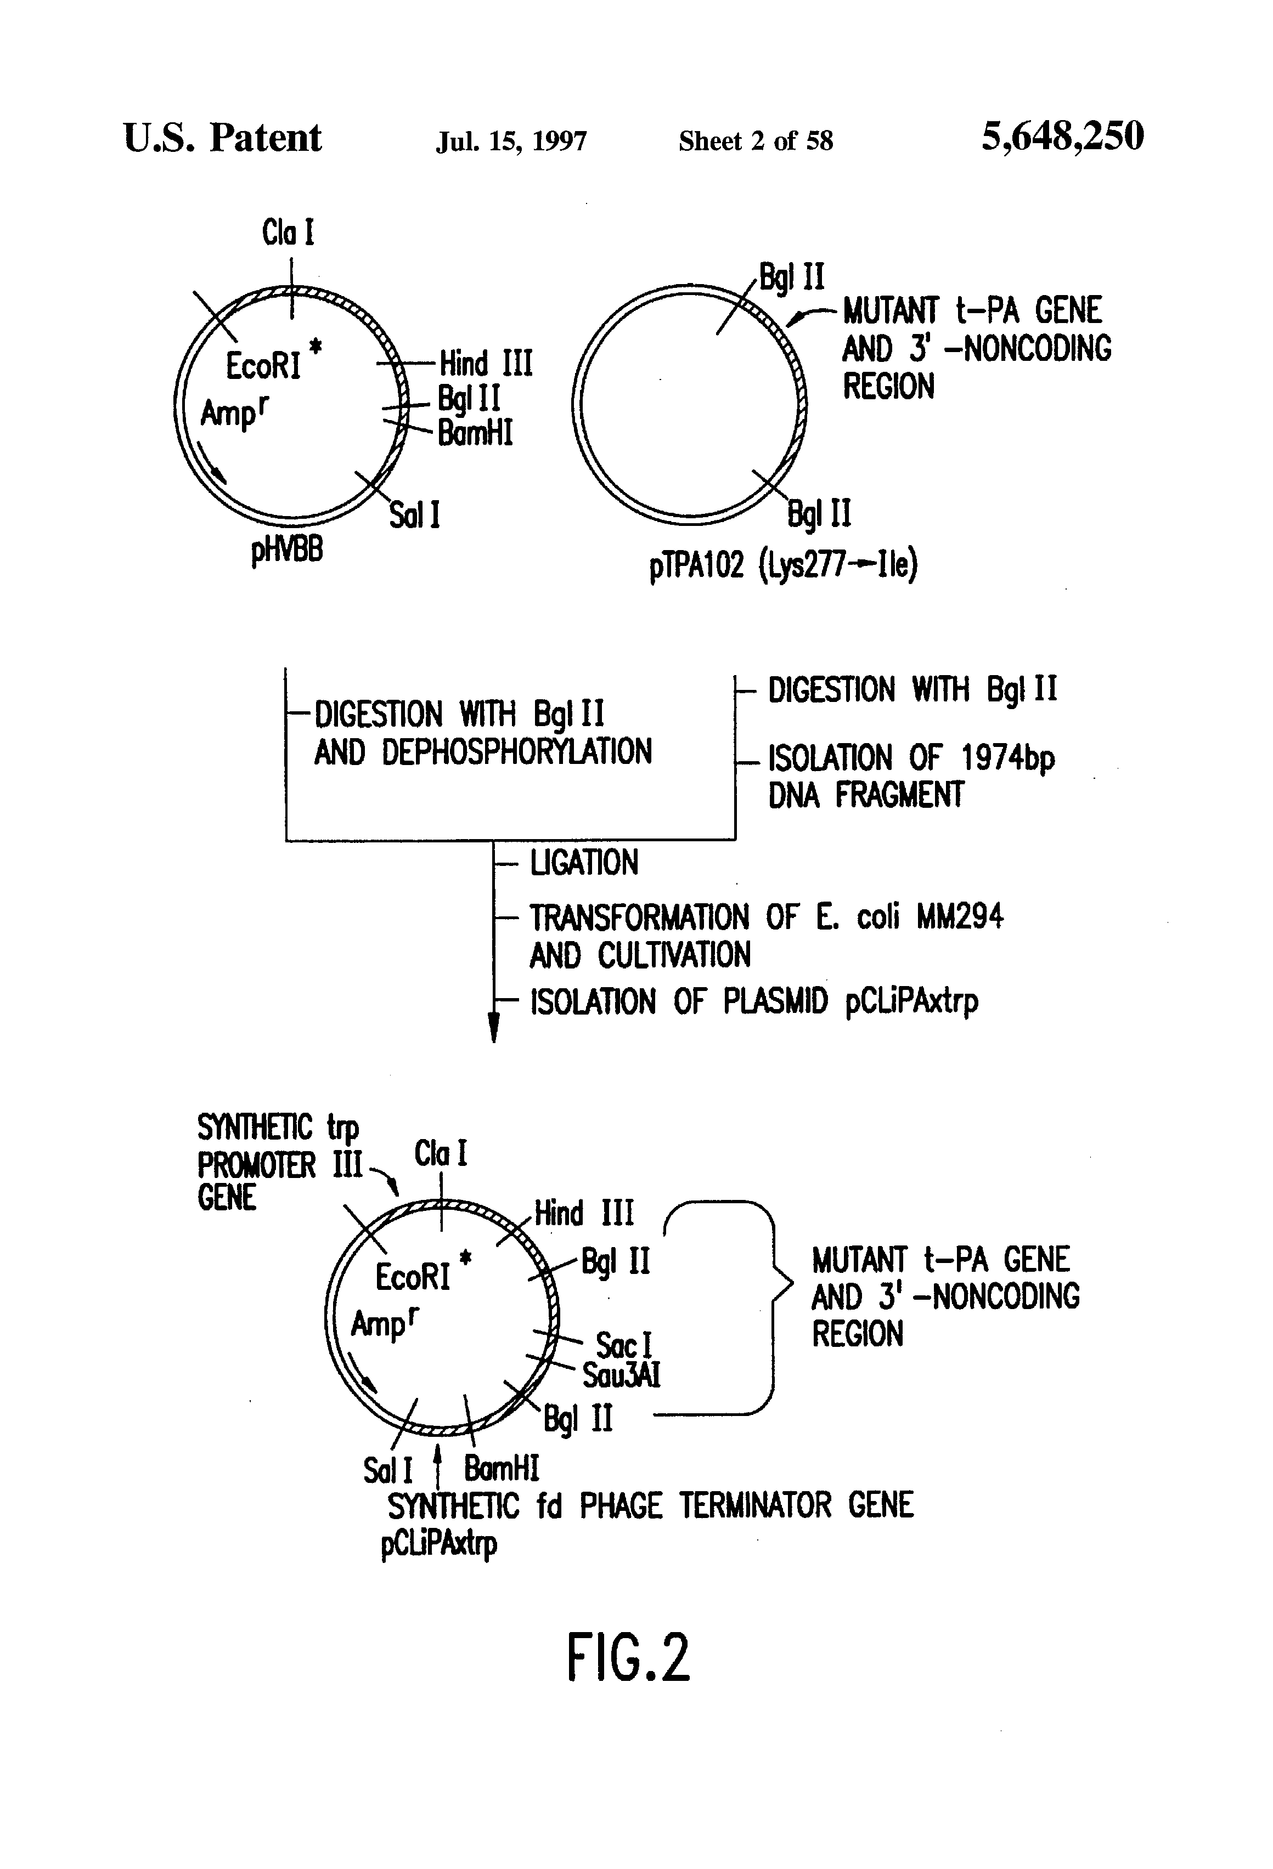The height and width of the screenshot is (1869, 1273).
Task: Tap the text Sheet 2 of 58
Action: [756, 141]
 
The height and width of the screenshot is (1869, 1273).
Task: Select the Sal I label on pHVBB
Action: [414, 515]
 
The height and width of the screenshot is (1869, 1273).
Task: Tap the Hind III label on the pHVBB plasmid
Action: [485, 364]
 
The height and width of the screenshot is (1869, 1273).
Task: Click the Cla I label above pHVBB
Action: [288, 233]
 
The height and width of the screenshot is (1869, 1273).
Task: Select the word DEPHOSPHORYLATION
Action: [516, 752]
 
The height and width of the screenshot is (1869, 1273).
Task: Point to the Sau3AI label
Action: [621, 1375]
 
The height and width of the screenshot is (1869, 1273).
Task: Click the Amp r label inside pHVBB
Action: [233, 412]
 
